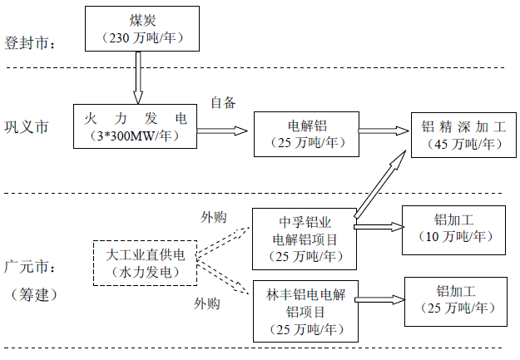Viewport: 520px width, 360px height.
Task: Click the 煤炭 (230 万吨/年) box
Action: pyautogui.click(x=142, y=28)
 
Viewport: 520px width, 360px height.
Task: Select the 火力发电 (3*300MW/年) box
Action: pyautogui.click(x=135, y=126)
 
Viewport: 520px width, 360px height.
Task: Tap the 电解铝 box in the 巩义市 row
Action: pyautogui.click(x=306, y=134)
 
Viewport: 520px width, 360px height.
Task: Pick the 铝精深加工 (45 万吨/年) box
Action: pyautogui.click(x=463, y=135)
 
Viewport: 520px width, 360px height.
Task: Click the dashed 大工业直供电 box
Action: pyautogui.click(x=145, y=264)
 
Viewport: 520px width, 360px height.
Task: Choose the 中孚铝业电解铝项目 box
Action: pyautogui.click(x=305, y=239)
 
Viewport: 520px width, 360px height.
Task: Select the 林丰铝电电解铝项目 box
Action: pyautogui.click(x=306, y=311)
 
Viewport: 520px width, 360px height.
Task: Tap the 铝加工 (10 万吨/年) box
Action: pyautogui.click(x=453, y=230)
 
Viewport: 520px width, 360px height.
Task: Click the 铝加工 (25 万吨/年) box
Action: pyautogui.click(x=456, y=302)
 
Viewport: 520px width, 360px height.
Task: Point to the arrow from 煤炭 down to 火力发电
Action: pyautogui.click(x=138, y=77)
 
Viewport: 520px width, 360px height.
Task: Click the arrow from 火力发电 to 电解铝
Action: pyautogui.click(x=222, y=131)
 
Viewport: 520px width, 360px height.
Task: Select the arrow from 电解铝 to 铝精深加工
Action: pyautogui.click(x=384, y=131)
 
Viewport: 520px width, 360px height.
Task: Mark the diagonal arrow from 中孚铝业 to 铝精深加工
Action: pyautogui.click(x=380, y=185)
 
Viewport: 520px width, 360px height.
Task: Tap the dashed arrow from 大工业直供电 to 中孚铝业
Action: pyautogui.click(x=223, y=241)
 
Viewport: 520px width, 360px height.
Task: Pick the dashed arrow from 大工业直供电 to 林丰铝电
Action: pyautogui.click(x=223, y=277)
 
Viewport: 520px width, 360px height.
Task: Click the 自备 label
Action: pyautogui.click(x=223, y=102)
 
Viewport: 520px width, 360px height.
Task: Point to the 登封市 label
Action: pyautogui.click(x=29, y=43)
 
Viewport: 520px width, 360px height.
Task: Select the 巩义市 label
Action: pyautogui.click(x=27, y=126)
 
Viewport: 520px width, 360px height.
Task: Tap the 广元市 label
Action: pyautogui.click(x=29, y=267)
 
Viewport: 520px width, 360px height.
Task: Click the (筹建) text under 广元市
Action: pyautogui.click(x=34, y=294)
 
